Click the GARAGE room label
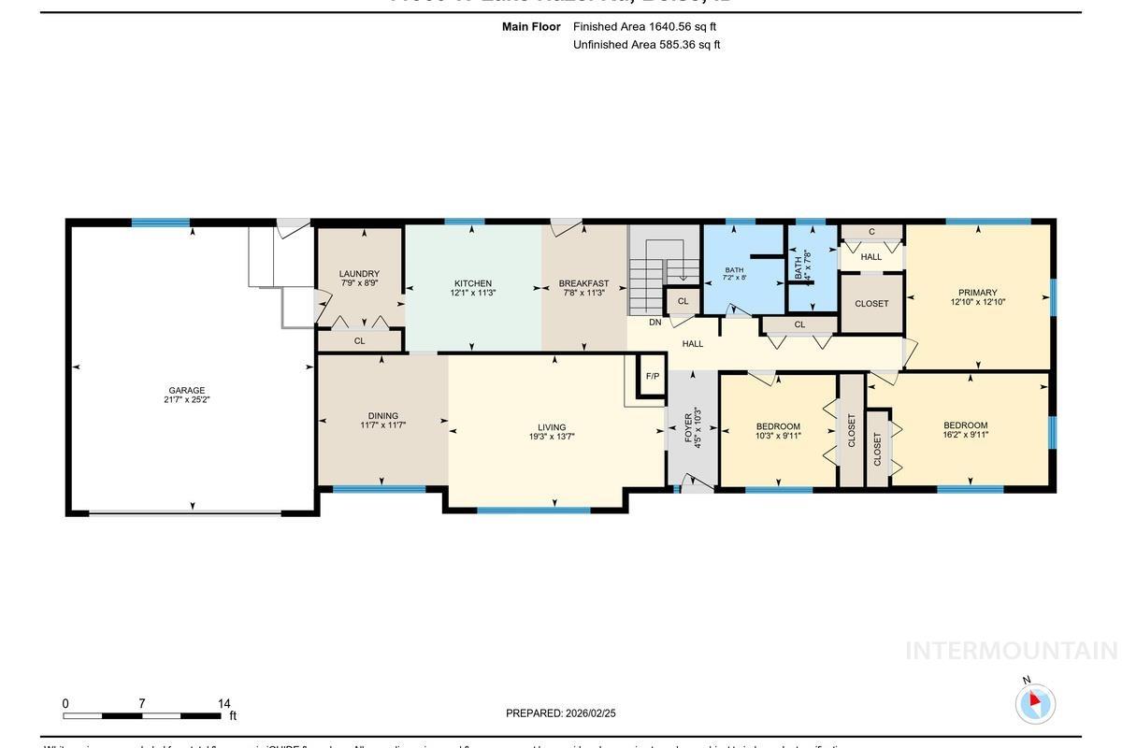pyautogui.click(x=186, y=391)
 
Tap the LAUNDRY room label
pyautogui.click(x=359, y=274)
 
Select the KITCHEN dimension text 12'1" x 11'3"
pyautogui.click(x=472, y=293)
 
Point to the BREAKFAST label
pyautogui.click(x=583, y=283)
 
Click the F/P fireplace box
pyautogui.click(x=653, y=377)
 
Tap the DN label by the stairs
pyautogui.click(x=654, y=323)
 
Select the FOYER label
pyautogui.click(x=688, y=426)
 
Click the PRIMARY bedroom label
pyautogui.click(x=977, y=293)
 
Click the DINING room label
pyautogui.click(x=382, y=416)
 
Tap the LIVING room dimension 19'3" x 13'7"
pyautogui.click(x=552, y=437)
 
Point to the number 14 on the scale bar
pyautogui.click(x=223, y=704)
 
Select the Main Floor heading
pyautogui.click(x=531, y=27)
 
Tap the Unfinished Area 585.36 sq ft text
pyautogui.click(x=646, y=44)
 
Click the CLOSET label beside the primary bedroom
pyautogui.click(x=871, y=304)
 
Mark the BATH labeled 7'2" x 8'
pyautogui.click(x=734, y=273)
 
